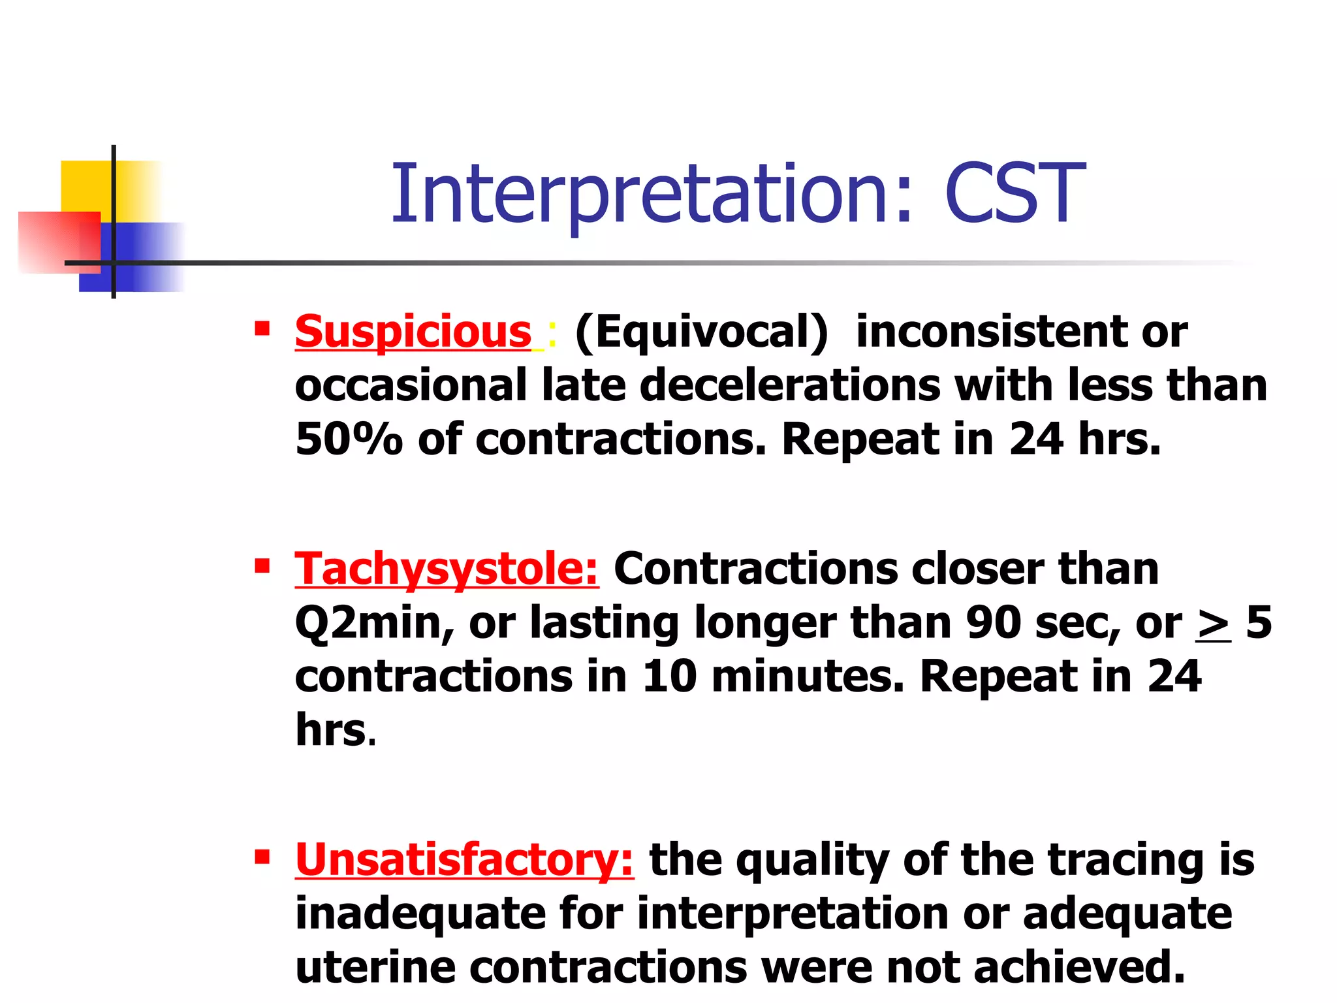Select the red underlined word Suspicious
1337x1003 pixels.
413,332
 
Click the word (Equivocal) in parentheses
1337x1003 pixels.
702,332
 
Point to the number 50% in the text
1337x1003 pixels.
348,439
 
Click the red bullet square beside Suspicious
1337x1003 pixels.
262,328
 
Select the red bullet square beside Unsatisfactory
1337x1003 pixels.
262,856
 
